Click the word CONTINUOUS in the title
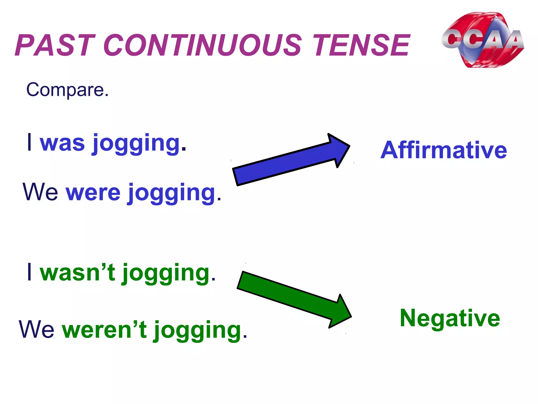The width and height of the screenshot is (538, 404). click(x=202, y=45)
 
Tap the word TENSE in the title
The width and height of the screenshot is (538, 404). click(x=361, y=45)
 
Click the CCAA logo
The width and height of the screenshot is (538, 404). click(x=483, y=40)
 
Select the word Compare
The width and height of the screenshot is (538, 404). click(x=67, y=90)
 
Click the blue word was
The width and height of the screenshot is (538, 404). click(x=62, y=143)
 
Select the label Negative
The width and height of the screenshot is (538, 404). click(x=450, y=318)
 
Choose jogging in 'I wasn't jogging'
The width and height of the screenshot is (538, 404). click(x=166, y=274)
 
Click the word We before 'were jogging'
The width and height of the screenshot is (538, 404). click(x=40, y=192)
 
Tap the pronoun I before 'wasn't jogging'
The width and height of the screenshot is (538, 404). click(x=30, y=272)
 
